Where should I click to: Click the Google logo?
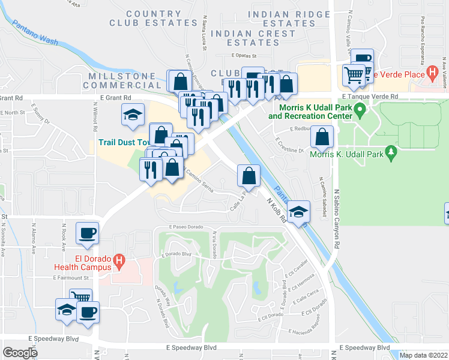tap(20, 352)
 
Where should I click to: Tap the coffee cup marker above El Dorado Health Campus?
tap(87, 233)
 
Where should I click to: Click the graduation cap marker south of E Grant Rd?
tap(132, 114)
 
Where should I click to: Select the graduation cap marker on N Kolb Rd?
tap(298, 211)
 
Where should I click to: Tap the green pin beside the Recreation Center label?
tap(360, 110)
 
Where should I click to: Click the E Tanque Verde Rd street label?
tap(370, 96)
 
